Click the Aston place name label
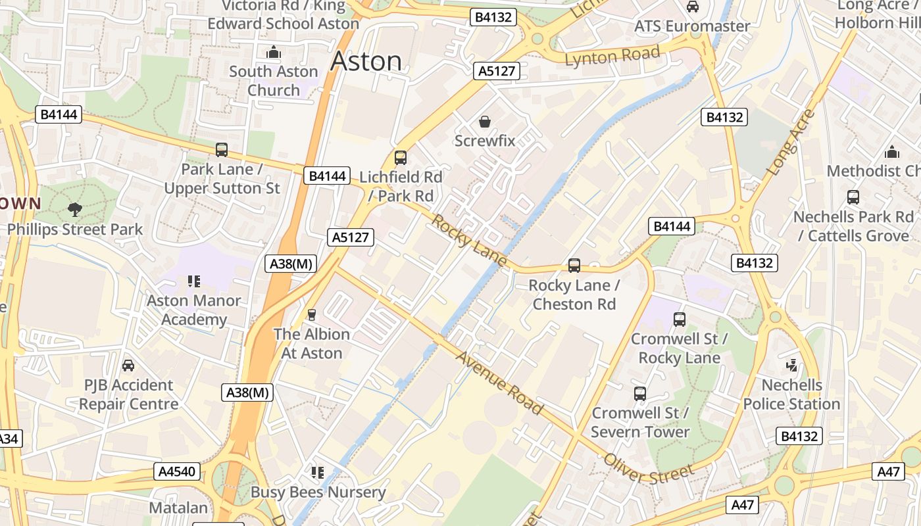click(x=366, y=60)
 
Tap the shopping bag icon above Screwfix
click(x=485, y=122)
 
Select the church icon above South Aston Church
click(x=274, y=52)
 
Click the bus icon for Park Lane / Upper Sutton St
click(x=222, y=150)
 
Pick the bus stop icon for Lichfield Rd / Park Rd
click(x=400, y=158)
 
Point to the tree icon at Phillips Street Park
click(x=75, y=210)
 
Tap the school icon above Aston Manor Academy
click(x=193, y=281)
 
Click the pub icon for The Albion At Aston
click(x=312, y=315)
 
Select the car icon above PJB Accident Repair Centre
click(x=128, y=366)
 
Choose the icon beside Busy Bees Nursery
click(x=318, y=473)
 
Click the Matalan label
click(x=178, y=508)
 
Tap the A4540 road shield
click(x=178, y=471)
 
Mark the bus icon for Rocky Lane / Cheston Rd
click(x=574, y=266)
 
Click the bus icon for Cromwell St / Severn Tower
click(x=640, y=394)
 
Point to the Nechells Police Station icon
click(x=792, y=365)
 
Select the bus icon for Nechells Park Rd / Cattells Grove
click(x=853, y=197)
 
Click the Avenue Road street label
click(x=499, y=383)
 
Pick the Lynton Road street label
click(x=612, y=56)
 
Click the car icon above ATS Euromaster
click(x=693, y=7)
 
